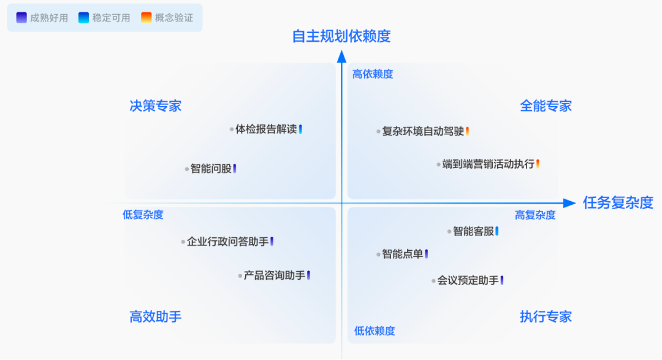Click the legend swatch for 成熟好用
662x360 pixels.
[22, 18]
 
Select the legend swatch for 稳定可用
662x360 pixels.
[84, 18]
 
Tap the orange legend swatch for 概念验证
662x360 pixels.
[146, 18]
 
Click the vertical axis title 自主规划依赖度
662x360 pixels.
[341, 36]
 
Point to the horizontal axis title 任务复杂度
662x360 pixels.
[618, 203]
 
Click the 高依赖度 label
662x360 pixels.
[373, 74]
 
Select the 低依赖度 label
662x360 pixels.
[375, 331]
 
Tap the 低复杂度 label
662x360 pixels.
[143, 215]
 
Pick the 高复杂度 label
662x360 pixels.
[535, 215]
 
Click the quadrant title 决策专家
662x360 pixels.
[156, 106]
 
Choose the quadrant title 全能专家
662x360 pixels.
[546, 106]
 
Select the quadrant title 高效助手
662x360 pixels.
[156, 317]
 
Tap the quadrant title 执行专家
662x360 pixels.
[546, 317]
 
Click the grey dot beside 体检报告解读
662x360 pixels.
[232, 129]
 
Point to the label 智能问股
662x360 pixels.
[211, 169]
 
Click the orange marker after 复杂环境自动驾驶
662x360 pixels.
[467, 131]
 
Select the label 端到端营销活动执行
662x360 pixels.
[489, 164]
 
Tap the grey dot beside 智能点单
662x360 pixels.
[379, 255]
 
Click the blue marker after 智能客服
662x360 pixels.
[497, 231]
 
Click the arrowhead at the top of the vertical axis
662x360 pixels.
[342, 56]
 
